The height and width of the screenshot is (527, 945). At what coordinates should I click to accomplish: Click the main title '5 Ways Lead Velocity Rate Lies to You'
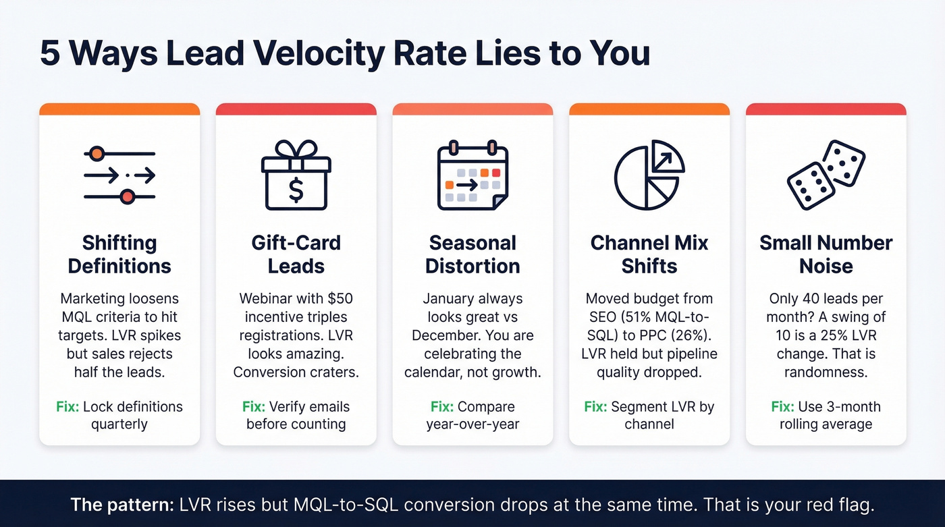click(344, 54)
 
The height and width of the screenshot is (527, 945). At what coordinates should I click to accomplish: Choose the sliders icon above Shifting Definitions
click(119, 175)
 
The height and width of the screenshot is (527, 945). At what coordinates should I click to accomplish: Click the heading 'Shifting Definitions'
click(119, 254)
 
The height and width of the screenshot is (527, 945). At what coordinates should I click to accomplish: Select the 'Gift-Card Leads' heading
click(296, 254)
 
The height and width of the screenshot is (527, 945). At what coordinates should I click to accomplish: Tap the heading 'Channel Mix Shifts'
click(649, 254)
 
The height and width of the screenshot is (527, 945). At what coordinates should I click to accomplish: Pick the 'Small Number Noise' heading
click(826, 254)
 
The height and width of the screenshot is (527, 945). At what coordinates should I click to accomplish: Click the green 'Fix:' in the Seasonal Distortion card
click(442, 407)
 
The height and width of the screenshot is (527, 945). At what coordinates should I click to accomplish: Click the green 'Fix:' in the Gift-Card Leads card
click(254, 407)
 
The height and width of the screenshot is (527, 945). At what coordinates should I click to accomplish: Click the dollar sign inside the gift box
click(296, 189)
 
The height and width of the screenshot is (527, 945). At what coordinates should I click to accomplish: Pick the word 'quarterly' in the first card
click(119, 424)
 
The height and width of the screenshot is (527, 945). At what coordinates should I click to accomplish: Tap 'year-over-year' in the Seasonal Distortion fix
click(473, 424)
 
